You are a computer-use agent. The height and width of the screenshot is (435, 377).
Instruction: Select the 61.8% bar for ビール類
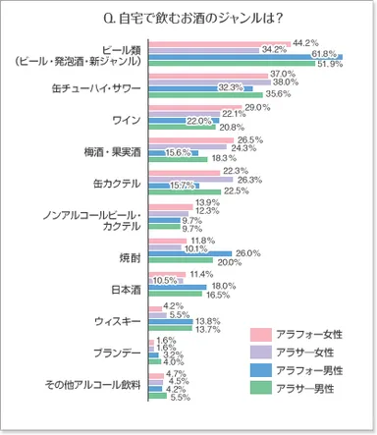(245, 56)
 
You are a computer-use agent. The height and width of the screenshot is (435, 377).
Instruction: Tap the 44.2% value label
(305, 42)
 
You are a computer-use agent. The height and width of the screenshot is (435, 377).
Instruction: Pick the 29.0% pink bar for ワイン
(195, 106)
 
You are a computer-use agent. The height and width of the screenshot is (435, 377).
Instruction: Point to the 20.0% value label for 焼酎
(229, 262)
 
